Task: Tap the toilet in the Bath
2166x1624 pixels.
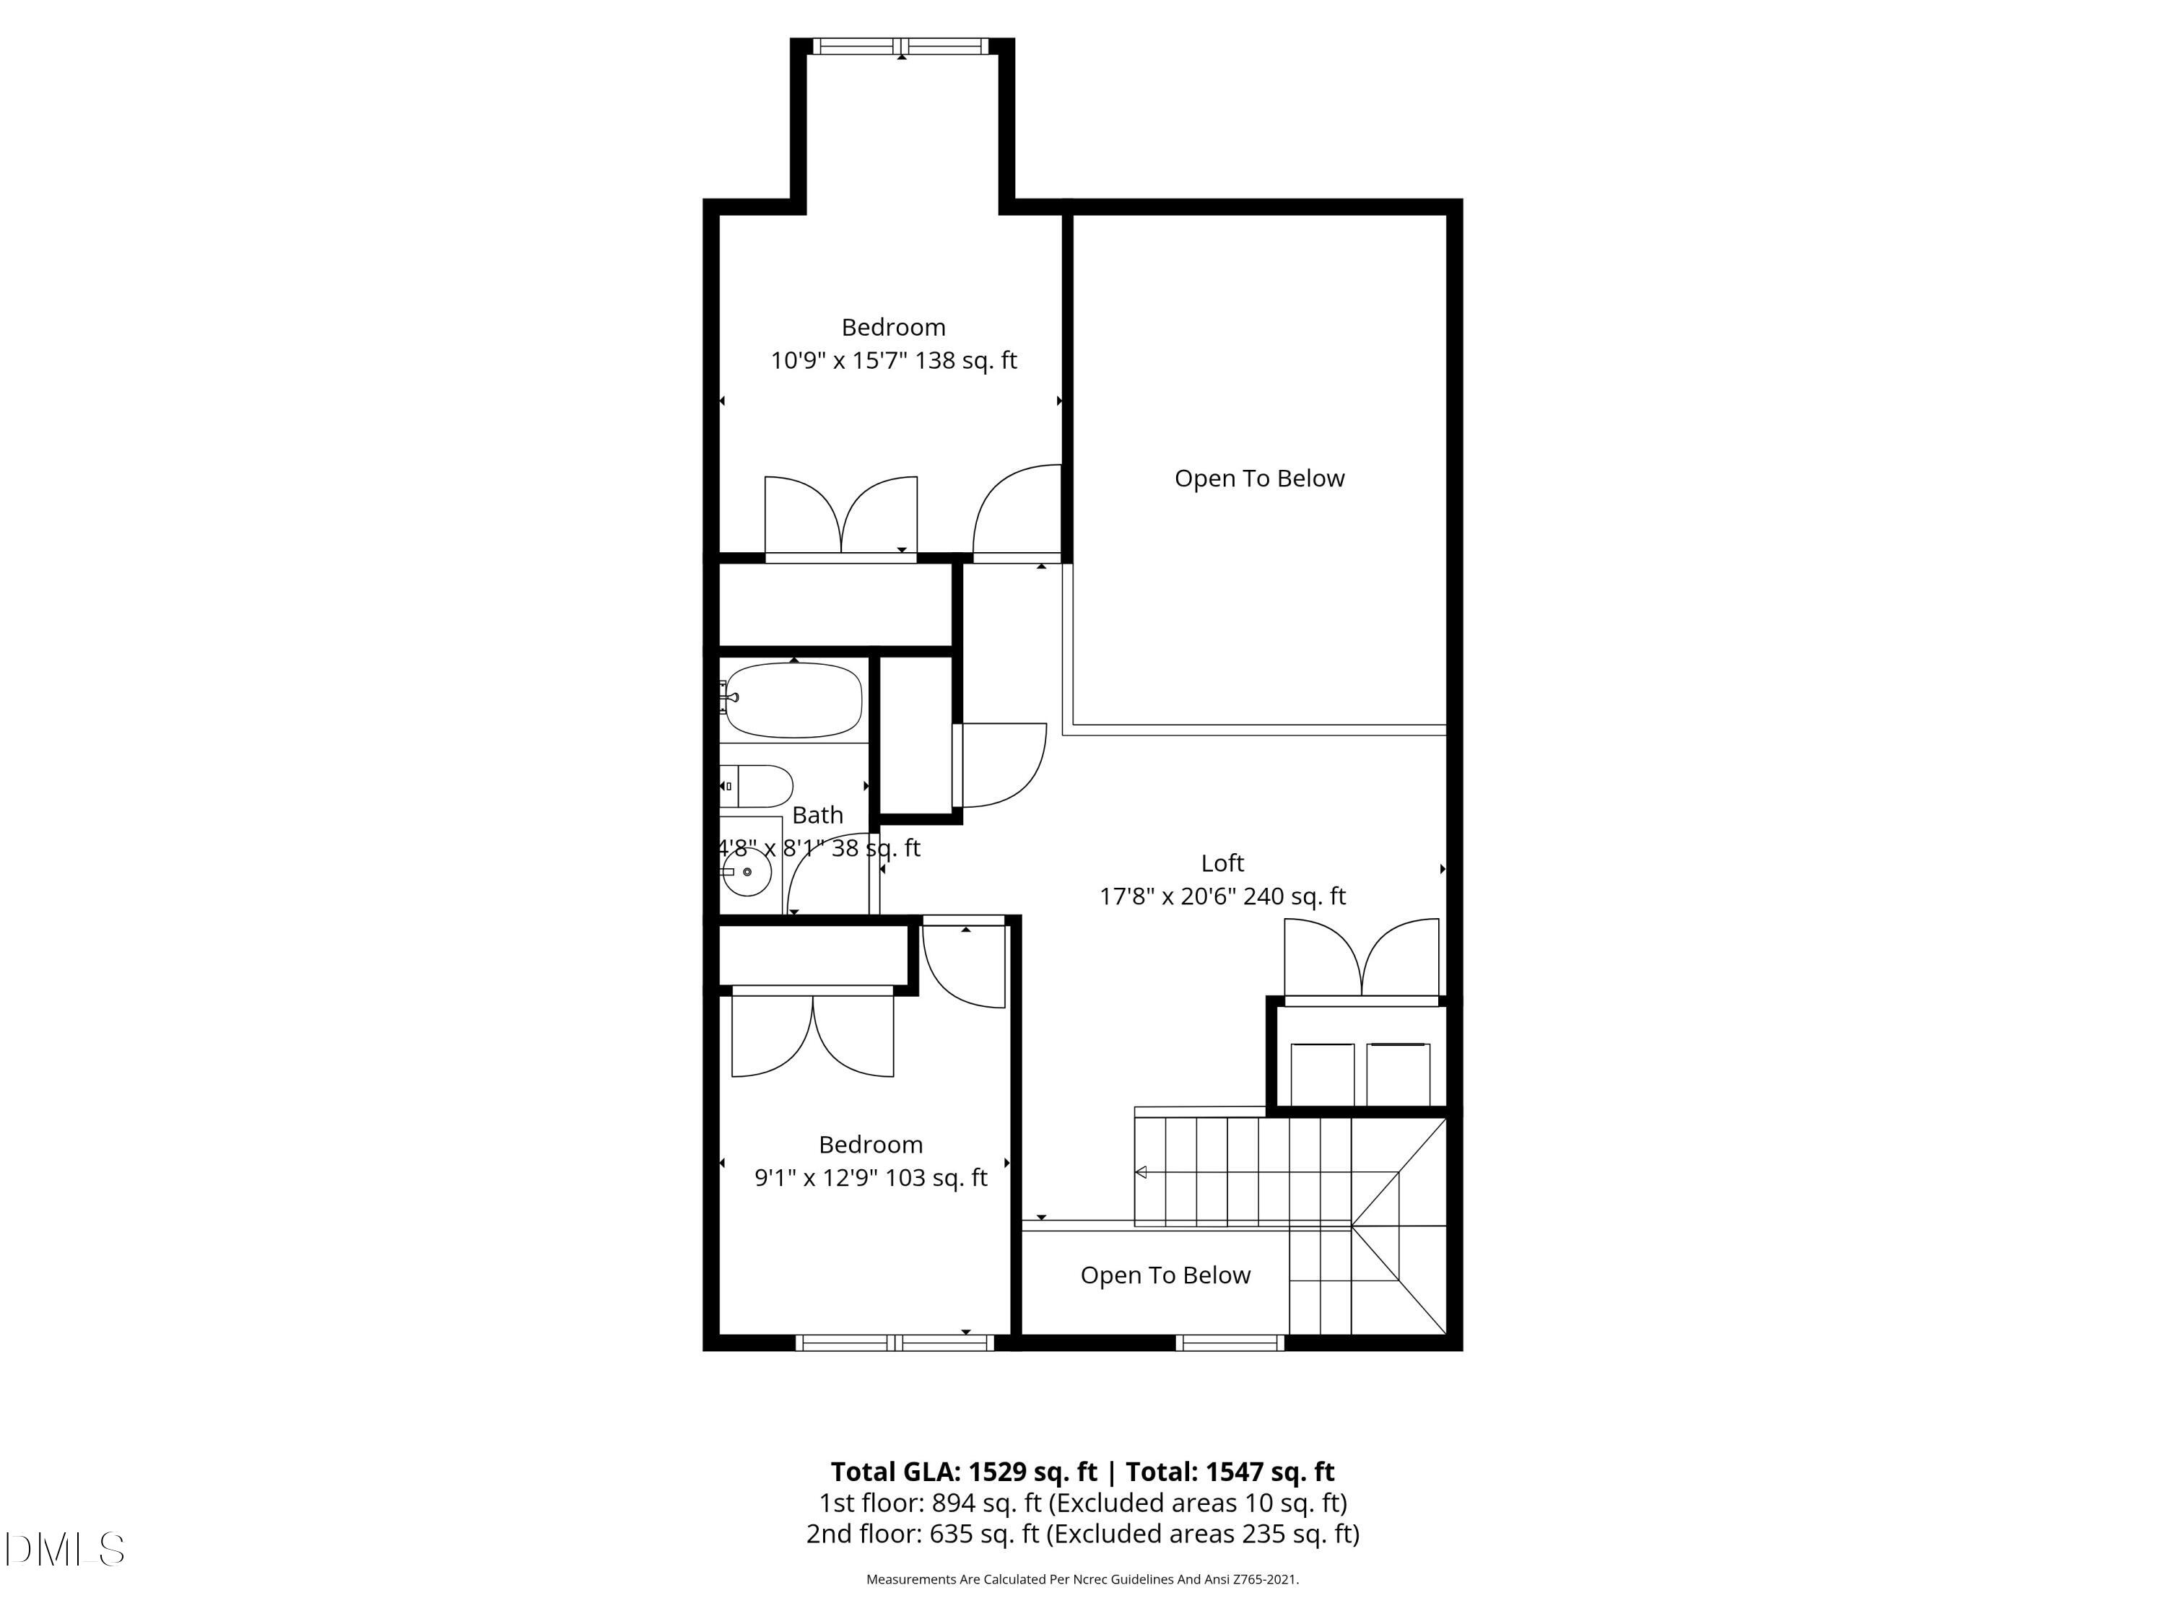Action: coord(759,786)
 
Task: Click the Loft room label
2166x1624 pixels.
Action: coord(1222,863)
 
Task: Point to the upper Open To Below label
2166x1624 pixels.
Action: coord(1259,478)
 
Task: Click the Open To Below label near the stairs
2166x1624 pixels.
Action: coord(1165,1275)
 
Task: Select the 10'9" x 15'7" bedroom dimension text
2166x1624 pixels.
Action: coord(893,360)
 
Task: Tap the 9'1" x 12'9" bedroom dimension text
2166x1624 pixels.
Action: coord(871,1178)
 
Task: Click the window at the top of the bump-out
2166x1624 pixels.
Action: coord(901,46)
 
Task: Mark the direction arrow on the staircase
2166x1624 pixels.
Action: coord(1141,1171)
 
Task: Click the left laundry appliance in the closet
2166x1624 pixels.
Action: coord(1322,1074)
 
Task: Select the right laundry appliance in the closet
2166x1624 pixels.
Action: coord(1397,1074)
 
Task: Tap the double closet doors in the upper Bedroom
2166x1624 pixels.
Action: coord(840,517)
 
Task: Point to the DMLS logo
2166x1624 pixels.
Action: coord(65,1549)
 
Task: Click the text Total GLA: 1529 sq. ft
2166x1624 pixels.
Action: coord(964,1471)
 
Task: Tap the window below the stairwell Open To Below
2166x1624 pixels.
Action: coord(1229,1343)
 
